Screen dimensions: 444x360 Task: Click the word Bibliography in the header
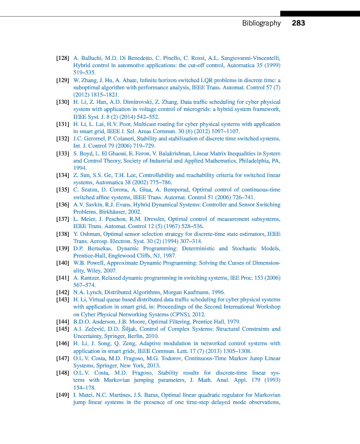click(261, 23)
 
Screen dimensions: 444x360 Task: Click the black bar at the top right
click(320, 13)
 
